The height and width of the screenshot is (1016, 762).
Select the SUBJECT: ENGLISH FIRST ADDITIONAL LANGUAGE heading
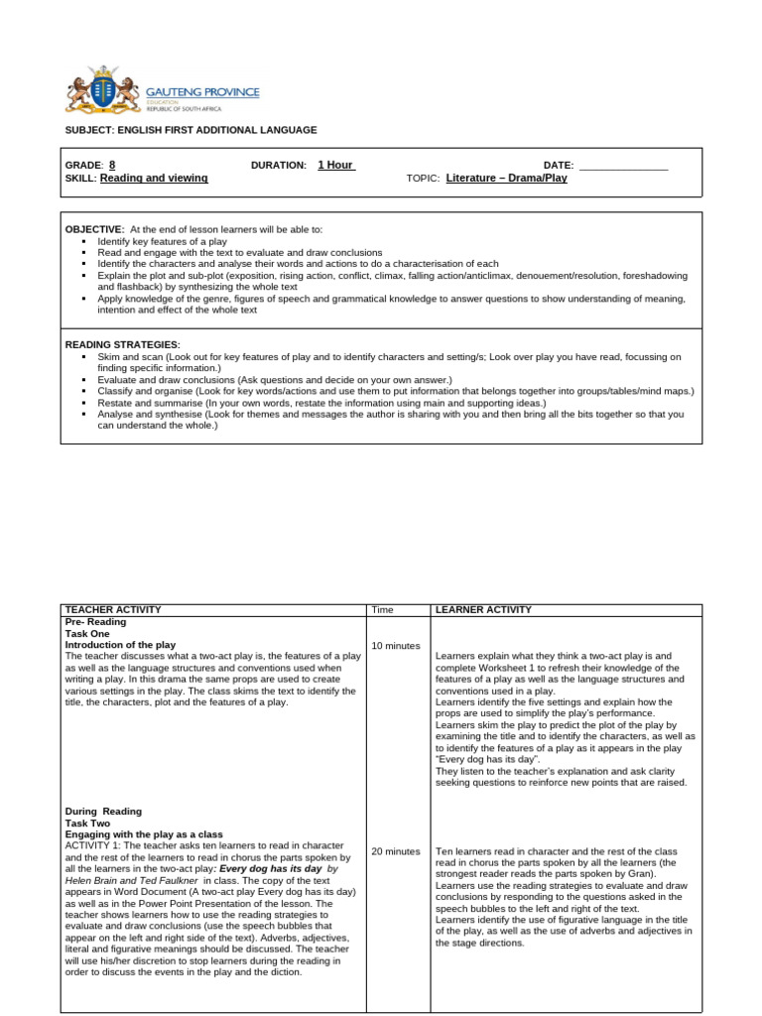[x=190, y=130]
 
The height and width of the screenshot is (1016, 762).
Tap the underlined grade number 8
[x=112, y=165]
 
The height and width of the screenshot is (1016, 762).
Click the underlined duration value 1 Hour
[x=336, y=165]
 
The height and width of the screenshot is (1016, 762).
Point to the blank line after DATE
[x=623, y=166]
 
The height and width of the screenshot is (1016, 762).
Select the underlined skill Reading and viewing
[x=154, y=178]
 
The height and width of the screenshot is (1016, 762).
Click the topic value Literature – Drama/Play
[x=507, y=179]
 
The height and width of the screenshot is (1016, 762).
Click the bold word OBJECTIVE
[x=94, y=229]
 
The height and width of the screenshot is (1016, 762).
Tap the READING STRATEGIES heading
[x=123, y=344]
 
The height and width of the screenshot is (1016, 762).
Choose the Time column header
[x=382, y=609]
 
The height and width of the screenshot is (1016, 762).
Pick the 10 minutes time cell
[x=396, y=645]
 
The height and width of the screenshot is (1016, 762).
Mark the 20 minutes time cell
[x=396, y=851]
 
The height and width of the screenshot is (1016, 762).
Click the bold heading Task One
[x=87, y=633]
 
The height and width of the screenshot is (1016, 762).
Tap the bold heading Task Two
[x=87, y=823]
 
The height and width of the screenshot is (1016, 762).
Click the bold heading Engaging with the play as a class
[x=144, y=834]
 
